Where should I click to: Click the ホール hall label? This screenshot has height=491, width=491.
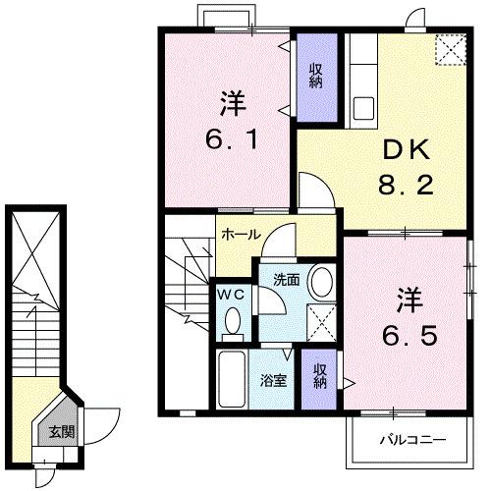click(x=241, y=236)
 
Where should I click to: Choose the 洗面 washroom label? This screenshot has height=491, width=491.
click(x=287, y=277)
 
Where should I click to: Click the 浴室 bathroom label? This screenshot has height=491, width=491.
click(x=273, y=379)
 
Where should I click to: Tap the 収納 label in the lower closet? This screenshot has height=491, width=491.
click(x=320, y=375)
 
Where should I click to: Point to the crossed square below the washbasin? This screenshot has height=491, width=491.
click(x=318, y=321)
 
